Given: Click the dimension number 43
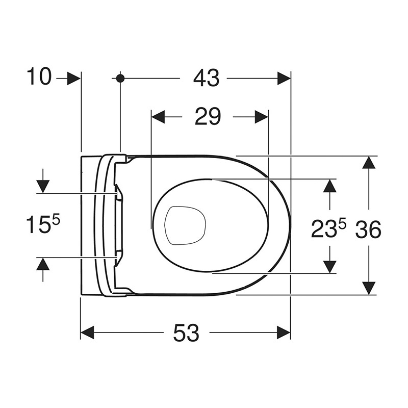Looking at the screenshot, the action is click(207, 78).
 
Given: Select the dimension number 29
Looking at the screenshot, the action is click(208, 117).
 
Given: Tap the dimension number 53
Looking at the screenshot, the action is click(186, 333).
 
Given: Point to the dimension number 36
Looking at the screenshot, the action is click(368, 229).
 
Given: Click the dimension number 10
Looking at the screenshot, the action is click(39, 76).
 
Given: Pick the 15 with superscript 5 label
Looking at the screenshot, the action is click(43, 224).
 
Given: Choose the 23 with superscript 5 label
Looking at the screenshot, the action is click(328, 228).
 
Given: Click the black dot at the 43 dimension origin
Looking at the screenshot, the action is click(120, 78).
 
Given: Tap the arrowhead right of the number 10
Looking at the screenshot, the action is click(73, 78).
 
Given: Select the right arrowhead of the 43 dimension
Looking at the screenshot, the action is click(284, 78).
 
